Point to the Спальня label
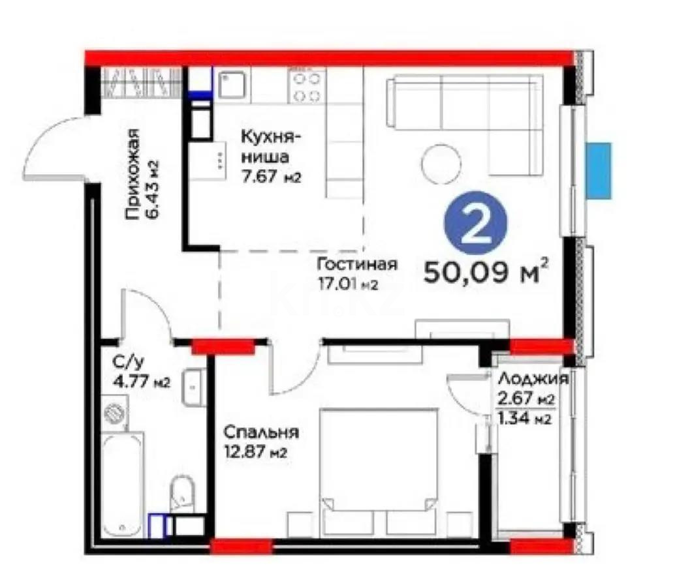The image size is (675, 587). [260, 432]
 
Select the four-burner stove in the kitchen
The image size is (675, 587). [306, 86]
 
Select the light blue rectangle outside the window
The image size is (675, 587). [598, 170]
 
